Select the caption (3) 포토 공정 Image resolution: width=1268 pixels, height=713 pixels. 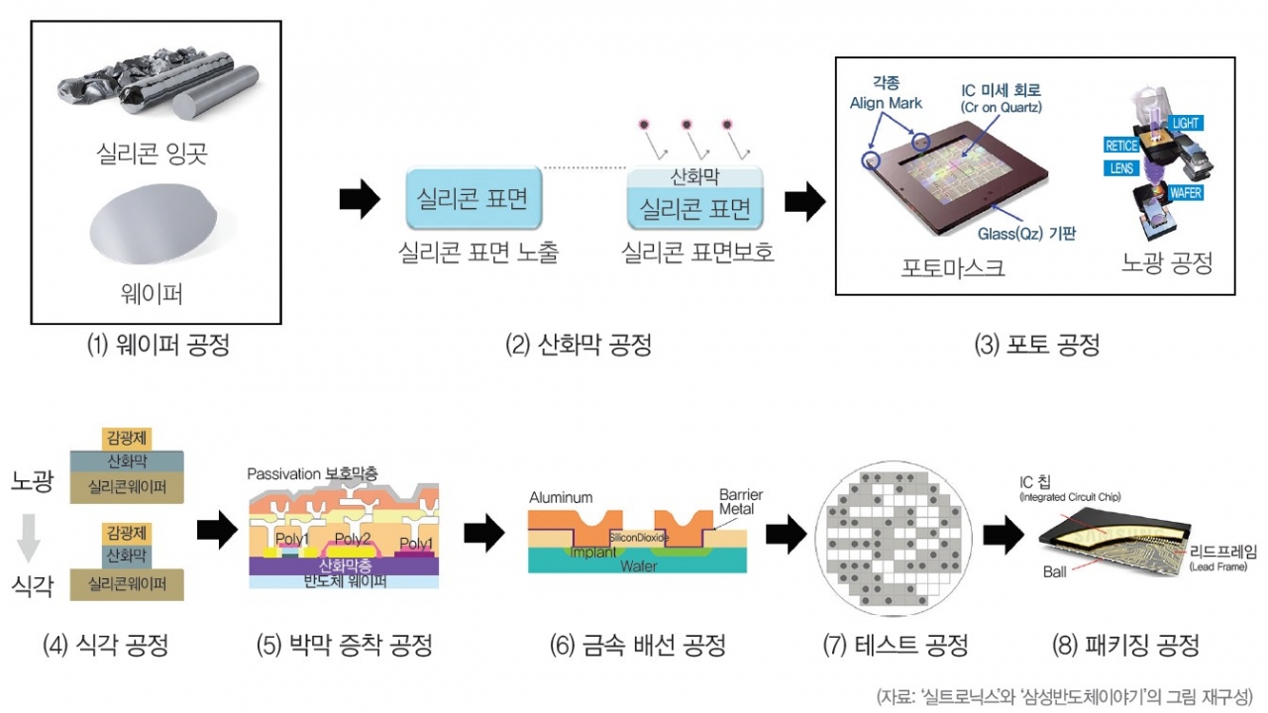[x=1036, y=346]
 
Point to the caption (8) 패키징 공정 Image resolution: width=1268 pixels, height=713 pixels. [x=1126, y=646]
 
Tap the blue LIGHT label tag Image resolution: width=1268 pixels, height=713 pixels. [x=1186, y=123]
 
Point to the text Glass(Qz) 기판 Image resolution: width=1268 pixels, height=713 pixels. [x=1026, y=234]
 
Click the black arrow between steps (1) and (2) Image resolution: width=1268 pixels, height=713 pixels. [x=359, y=200]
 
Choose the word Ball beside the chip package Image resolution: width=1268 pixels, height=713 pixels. [x=1054, y=571]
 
